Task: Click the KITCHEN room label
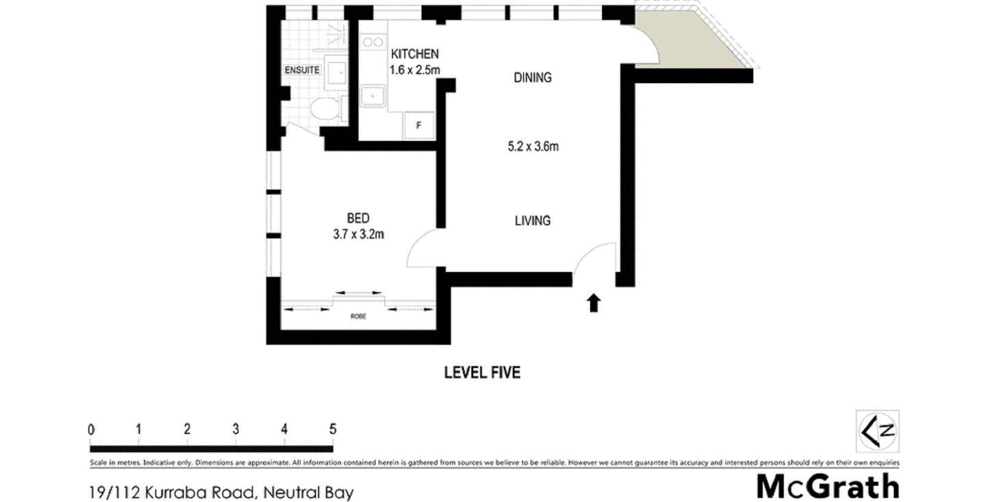[x=414, y=54]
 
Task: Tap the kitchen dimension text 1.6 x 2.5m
[x=414, y=69]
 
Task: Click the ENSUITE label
[x=302, y=70]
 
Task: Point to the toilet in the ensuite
[x=325, y=109]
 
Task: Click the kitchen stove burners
[x=372, y=42]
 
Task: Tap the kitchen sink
[x=373, y=97]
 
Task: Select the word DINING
[x=532, y=77]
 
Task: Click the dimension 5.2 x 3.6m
[x=533, y=146]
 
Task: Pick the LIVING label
[x=532, y=221]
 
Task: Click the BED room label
[x=358, y=218]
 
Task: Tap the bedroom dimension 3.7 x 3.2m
[x=358, y=234]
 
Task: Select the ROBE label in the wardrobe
[x=357, y=316]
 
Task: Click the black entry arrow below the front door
[x=594, y=303]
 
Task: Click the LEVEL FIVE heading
[x=482, y=373]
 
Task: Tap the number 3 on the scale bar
[x=236, y=429]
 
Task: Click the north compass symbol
[x=878, y=431]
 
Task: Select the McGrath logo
[x=827, y=486]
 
